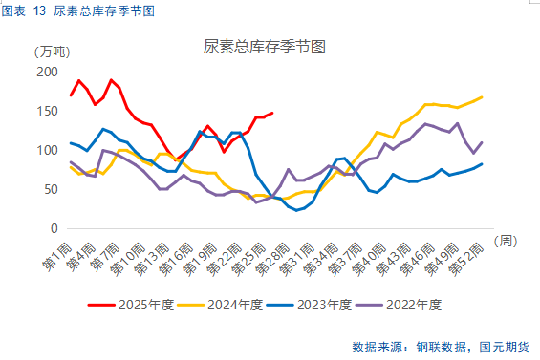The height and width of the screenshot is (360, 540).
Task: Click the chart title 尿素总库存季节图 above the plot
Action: (x=265, y=46)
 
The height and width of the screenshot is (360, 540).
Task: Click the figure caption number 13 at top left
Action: (x=39, y=11)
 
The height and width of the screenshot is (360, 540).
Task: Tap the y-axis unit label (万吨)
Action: (x=50, y=52)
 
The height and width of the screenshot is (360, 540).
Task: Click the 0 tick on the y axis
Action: (x=54, y=229)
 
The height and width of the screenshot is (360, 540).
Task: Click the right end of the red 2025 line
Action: (x=272, y=113)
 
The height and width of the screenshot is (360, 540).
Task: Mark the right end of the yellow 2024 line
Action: (x=481, y=96)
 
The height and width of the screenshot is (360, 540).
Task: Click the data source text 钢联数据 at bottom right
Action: (x=446, y=346)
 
